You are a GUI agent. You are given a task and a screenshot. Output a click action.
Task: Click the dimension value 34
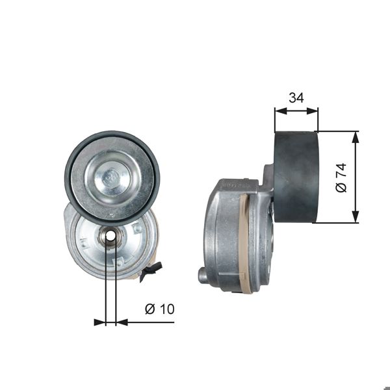[x=296, y=98]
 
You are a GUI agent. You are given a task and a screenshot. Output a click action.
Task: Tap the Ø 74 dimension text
[x=341, y=177]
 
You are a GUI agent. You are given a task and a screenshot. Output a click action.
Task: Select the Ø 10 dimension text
[x=159, y=309]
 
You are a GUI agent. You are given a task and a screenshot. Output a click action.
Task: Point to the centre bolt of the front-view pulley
[x=112, y=176]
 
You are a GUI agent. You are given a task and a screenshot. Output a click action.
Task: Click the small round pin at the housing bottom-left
[x=203, y=275]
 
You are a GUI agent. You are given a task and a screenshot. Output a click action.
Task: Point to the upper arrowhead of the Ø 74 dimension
[x=356, y=136]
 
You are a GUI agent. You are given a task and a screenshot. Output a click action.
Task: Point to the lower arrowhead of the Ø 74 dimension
[x=356, y=218]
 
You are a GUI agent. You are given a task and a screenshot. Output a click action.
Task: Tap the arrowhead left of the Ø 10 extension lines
[x=99, y=322]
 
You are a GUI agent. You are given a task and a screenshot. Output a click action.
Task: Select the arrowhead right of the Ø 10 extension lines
[x=122, y=322]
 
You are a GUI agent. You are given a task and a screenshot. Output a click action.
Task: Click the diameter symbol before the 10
[x=149, y=309]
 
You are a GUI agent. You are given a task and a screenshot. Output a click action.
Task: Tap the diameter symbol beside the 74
[x=341, y=187]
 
